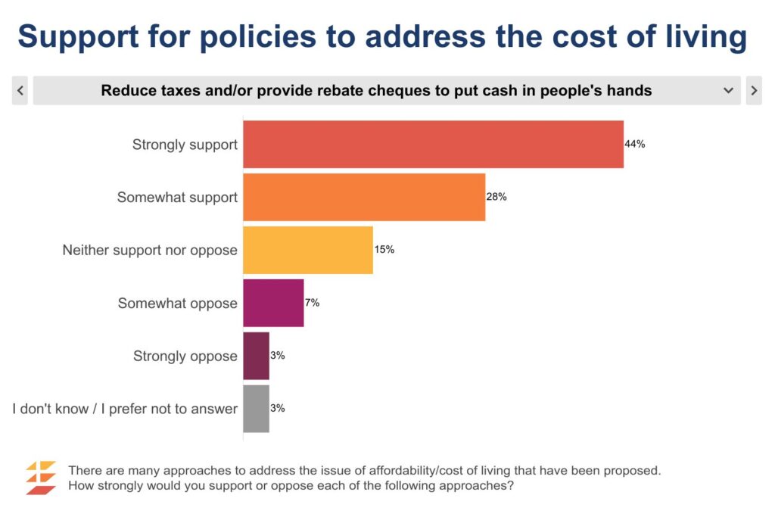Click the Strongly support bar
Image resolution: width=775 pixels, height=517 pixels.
tap(433, 144)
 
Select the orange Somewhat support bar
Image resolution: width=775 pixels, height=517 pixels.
tap(363, 197)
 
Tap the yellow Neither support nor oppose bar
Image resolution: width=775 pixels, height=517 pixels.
tap(307, 250)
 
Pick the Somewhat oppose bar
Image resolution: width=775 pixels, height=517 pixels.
tap(273, 303)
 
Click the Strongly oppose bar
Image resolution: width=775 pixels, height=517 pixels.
tap(256, 356)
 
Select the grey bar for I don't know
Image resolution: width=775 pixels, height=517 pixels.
tap(256, 409)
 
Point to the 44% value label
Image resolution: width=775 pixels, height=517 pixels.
tap(635, 144)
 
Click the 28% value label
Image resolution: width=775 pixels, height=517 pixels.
tap(496, 197)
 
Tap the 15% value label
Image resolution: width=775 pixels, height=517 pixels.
tap(384, 249)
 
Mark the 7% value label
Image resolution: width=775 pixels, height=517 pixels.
tap(312, 303)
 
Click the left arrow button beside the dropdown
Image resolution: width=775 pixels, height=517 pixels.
tap(20, 91)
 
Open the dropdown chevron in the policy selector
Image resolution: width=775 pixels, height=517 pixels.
tap(728, 91)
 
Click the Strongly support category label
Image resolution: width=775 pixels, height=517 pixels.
tap(185, 144)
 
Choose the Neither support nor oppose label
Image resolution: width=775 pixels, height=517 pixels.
tap(150, 250)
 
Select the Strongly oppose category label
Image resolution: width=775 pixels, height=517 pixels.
tap(185, 356)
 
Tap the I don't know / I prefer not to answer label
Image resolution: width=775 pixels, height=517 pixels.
tap(125, 409)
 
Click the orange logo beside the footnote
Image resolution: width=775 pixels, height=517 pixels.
tap(41, 478)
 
